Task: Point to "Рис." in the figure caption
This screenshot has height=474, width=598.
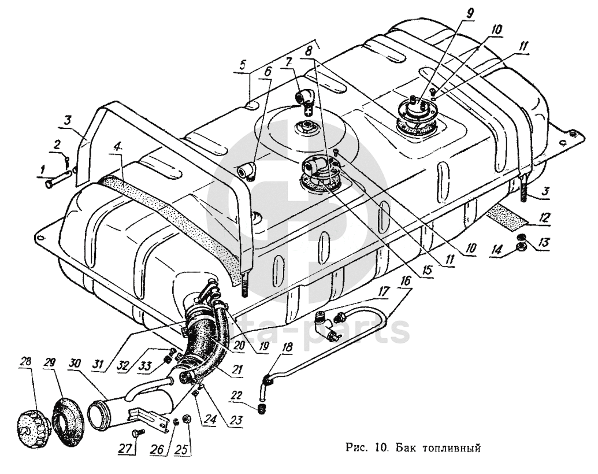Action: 353,446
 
